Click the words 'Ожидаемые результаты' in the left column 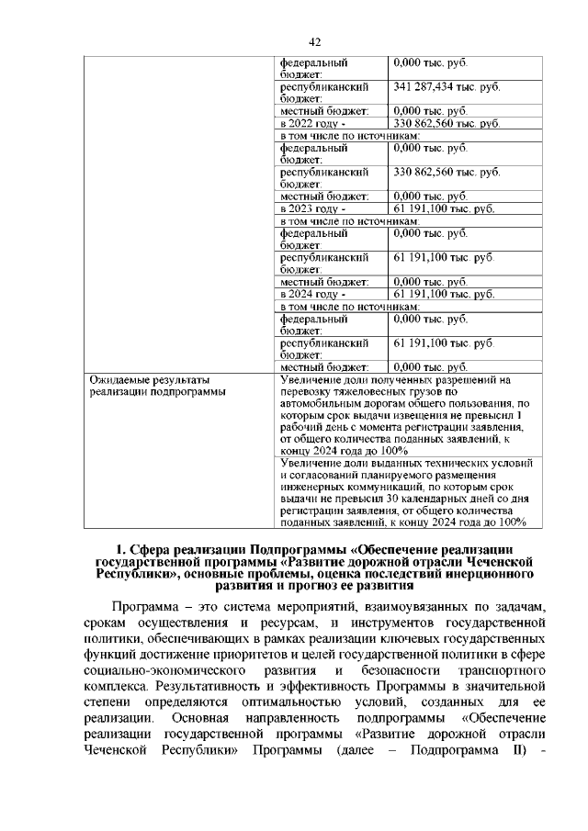coord(149,379)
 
